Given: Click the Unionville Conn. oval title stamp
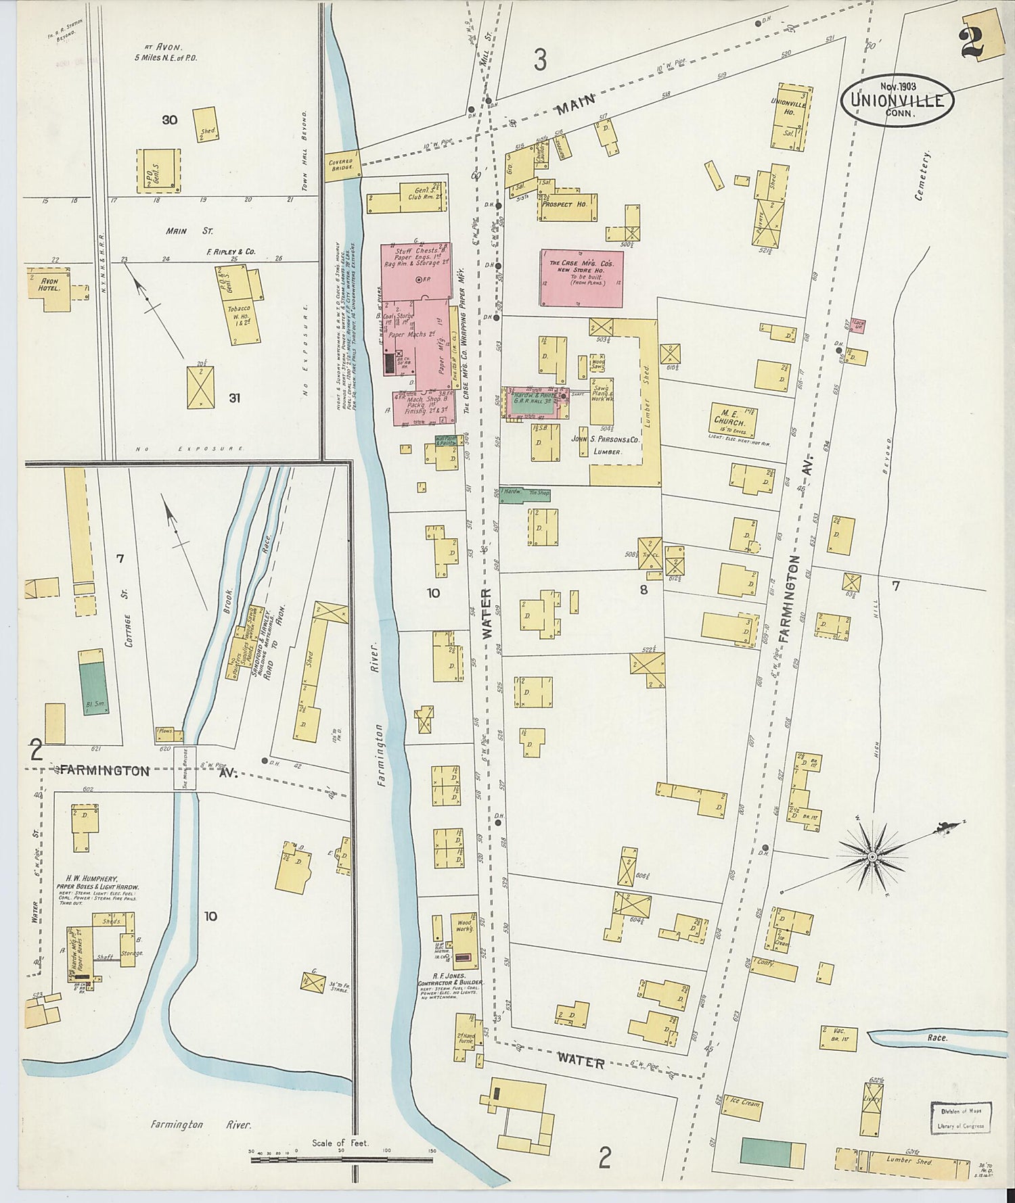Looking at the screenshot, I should tap(897, 101).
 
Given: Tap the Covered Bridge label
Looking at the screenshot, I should tap(342, 164).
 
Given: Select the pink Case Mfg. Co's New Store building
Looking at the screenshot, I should tap(582, 278).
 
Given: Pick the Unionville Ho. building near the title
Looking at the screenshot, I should tap(789, 116).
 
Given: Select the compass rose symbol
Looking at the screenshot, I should tap(873, 857).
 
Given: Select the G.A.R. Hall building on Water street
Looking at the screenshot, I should tap(535, 403).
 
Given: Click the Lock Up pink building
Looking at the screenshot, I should tap(858, 325).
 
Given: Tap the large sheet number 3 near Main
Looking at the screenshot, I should tap(539, 61).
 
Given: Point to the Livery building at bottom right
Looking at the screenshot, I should tap(872, 1108).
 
